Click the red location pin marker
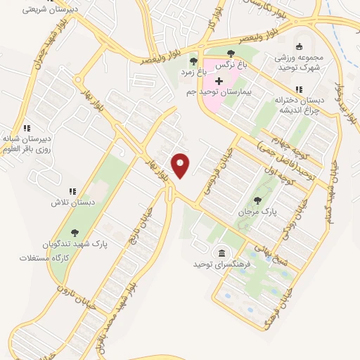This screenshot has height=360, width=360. (x=181, y=165)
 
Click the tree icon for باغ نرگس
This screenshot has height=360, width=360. (x=231, y=53)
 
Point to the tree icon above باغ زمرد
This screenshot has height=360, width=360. (x=193, y=61)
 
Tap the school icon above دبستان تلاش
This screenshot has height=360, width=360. (x=72, y=191)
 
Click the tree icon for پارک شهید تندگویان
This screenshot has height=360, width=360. (x=75, y=233)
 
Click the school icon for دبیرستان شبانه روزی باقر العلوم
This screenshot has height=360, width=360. (x=27, y=128)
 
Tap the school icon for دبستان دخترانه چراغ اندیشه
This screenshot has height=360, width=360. (x=299, y=89)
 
